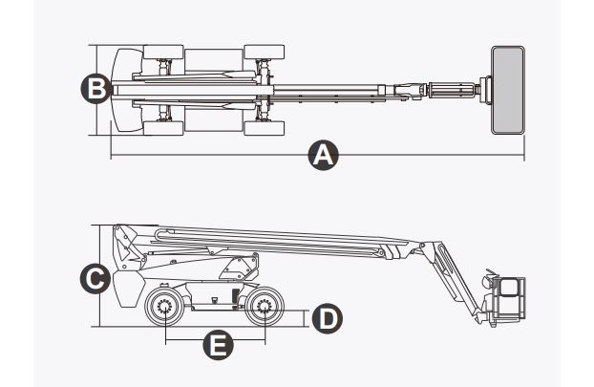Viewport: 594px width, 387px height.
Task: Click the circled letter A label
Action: click(x=325, y=155)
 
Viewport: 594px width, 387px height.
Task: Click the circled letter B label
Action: click(x=93, y=88)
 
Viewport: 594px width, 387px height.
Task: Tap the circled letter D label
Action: click(x=326, y=317)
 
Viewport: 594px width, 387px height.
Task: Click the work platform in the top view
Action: click(x=507, y=89)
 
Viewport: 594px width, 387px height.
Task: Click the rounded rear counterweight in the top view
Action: click(x=121, y=89)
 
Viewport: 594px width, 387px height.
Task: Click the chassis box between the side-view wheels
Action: click(x=214, y=301)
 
